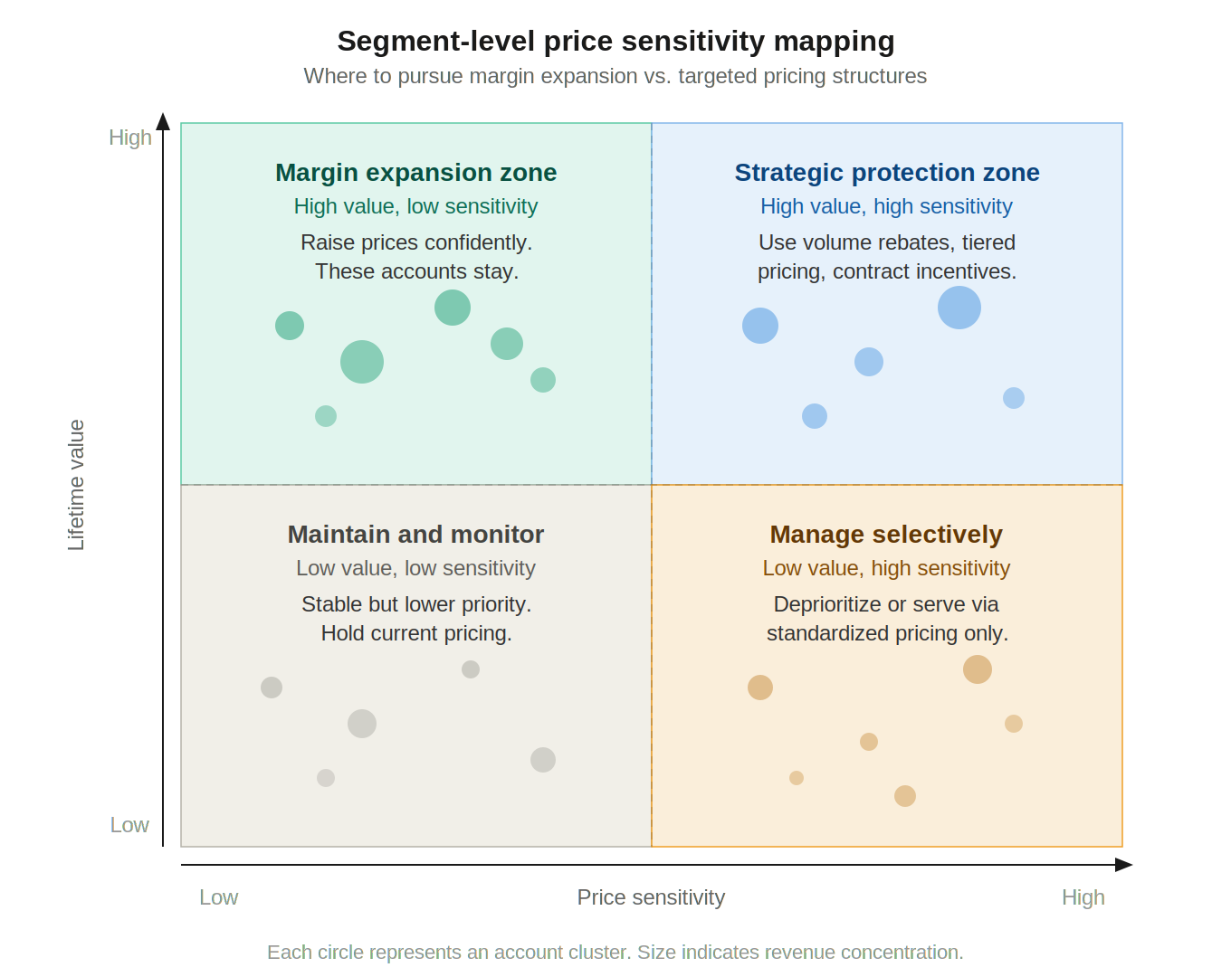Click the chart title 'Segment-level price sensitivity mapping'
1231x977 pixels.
pyautogui.click(x=615, y=42)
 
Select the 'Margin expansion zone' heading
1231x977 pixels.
pyautogui.click(x=415, y=172)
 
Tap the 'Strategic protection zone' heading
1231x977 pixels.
pyautogui.click(x=887, y=172)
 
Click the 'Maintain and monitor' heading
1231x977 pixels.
pyautogui.click(x=415, y=534)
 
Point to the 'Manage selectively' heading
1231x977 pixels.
pyautogui.click(x=886, y=535)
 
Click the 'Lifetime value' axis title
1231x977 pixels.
pyautogui.click(x=76, y=486)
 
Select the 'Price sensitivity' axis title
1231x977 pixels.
pyautogui.click(x=651, y=897)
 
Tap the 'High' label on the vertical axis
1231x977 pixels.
pyautogui.click(x=130, y=138)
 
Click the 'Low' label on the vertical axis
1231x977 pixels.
pyautogui.click(x=129, y=825)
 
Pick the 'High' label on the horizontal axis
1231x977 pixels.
pyautogui.click(x=1083, y=897)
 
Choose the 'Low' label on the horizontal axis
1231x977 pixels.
pyautogui.click(x=218, y=897)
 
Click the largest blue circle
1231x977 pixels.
pyautogui.click(x=959, y=308)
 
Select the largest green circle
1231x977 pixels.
pyautogui.click(x=362, y=362)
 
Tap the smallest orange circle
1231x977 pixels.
pyautogui.click(x=797, y=778)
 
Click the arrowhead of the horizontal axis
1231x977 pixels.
pyautogui.click(x=1124, y=865)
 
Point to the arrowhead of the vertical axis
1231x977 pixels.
pyautogui.click(x=163, y=121)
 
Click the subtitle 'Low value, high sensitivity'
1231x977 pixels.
pyautogui.click(x=886, y=568)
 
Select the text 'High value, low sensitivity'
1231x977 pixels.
pyautogui.click(x=415, y=206)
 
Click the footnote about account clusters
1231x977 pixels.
pyautogui.click(x=615, y=952)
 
